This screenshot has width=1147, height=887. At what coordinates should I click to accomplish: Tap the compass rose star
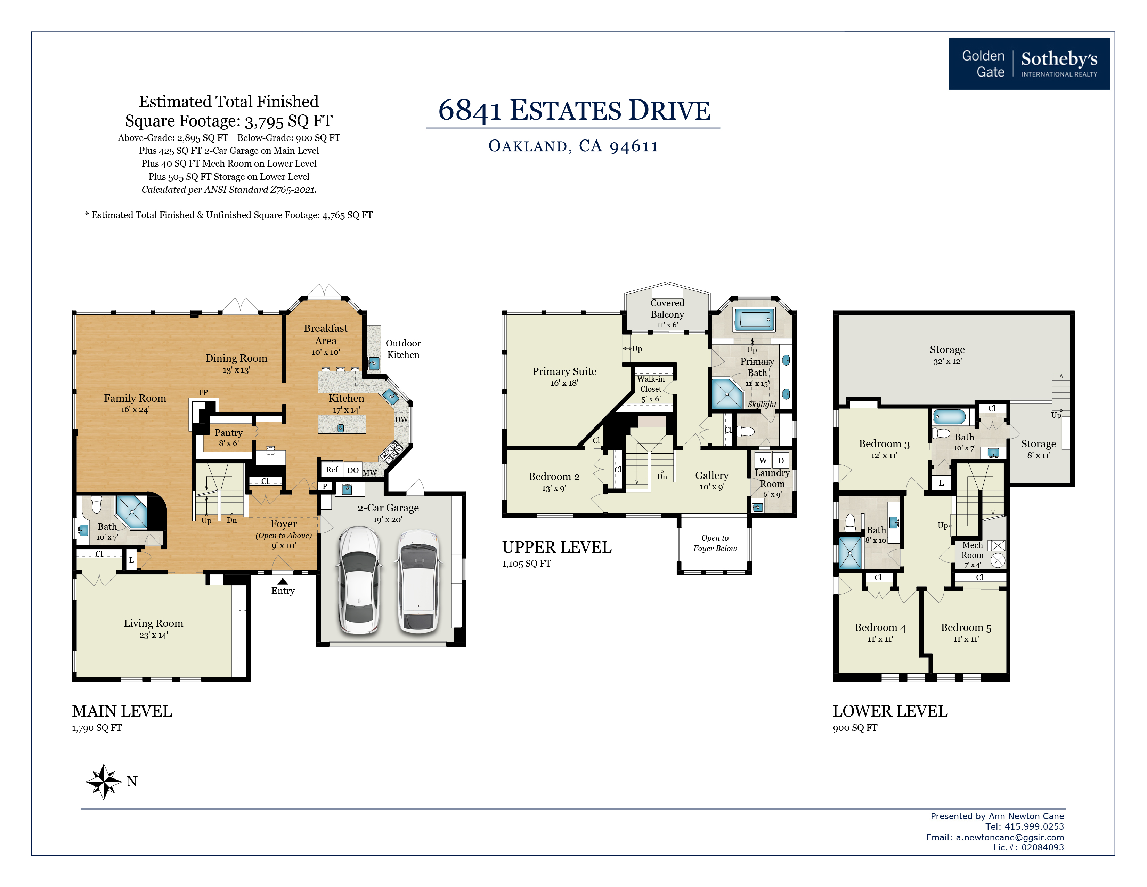pos(104,781)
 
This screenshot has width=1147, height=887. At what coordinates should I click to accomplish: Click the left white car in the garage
pos(359,580)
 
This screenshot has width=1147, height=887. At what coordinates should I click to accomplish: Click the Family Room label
pos(135,398)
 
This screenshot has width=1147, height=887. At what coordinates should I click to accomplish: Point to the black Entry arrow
pos(283,581)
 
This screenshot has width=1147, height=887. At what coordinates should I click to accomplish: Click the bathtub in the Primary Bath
pos(754,319)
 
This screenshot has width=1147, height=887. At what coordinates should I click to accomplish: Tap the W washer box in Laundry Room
pos(763,460)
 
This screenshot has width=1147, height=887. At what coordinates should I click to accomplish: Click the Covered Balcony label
pos(667,309)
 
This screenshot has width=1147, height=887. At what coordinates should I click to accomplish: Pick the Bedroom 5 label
pos(966,628)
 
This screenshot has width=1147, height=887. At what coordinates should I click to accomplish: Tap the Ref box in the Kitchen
pos(332,469)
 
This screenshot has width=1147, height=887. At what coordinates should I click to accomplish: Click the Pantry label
pos(228,432)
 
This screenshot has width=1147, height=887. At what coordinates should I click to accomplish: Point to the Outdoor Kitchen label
pos(403,349)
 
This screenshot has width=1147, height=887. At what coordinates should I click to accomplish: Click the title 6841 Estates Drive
pos(574,110)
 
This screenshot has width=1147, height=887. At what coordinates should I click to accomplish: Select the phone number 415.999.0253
pos(1034,826)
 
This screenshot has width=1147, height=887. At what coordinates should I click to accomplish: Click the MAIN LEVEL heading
pos(122,711)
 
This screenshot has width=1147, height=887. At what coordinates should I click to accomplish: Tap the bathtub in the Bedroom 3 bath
pos(949,417)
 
